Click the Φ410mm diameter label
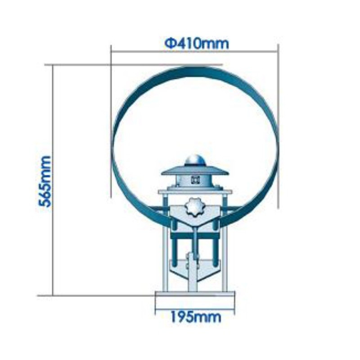click(x=197, y=44)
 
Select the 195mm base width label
click(x=195, y=317)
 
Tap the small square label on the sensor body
click(x=195, y=180)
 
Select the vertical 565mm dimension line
click(x=53, y=180)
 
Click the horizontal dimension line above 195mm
click(x=194, y=310)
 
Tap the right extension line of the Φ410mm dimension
click(x=278, y=126)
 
